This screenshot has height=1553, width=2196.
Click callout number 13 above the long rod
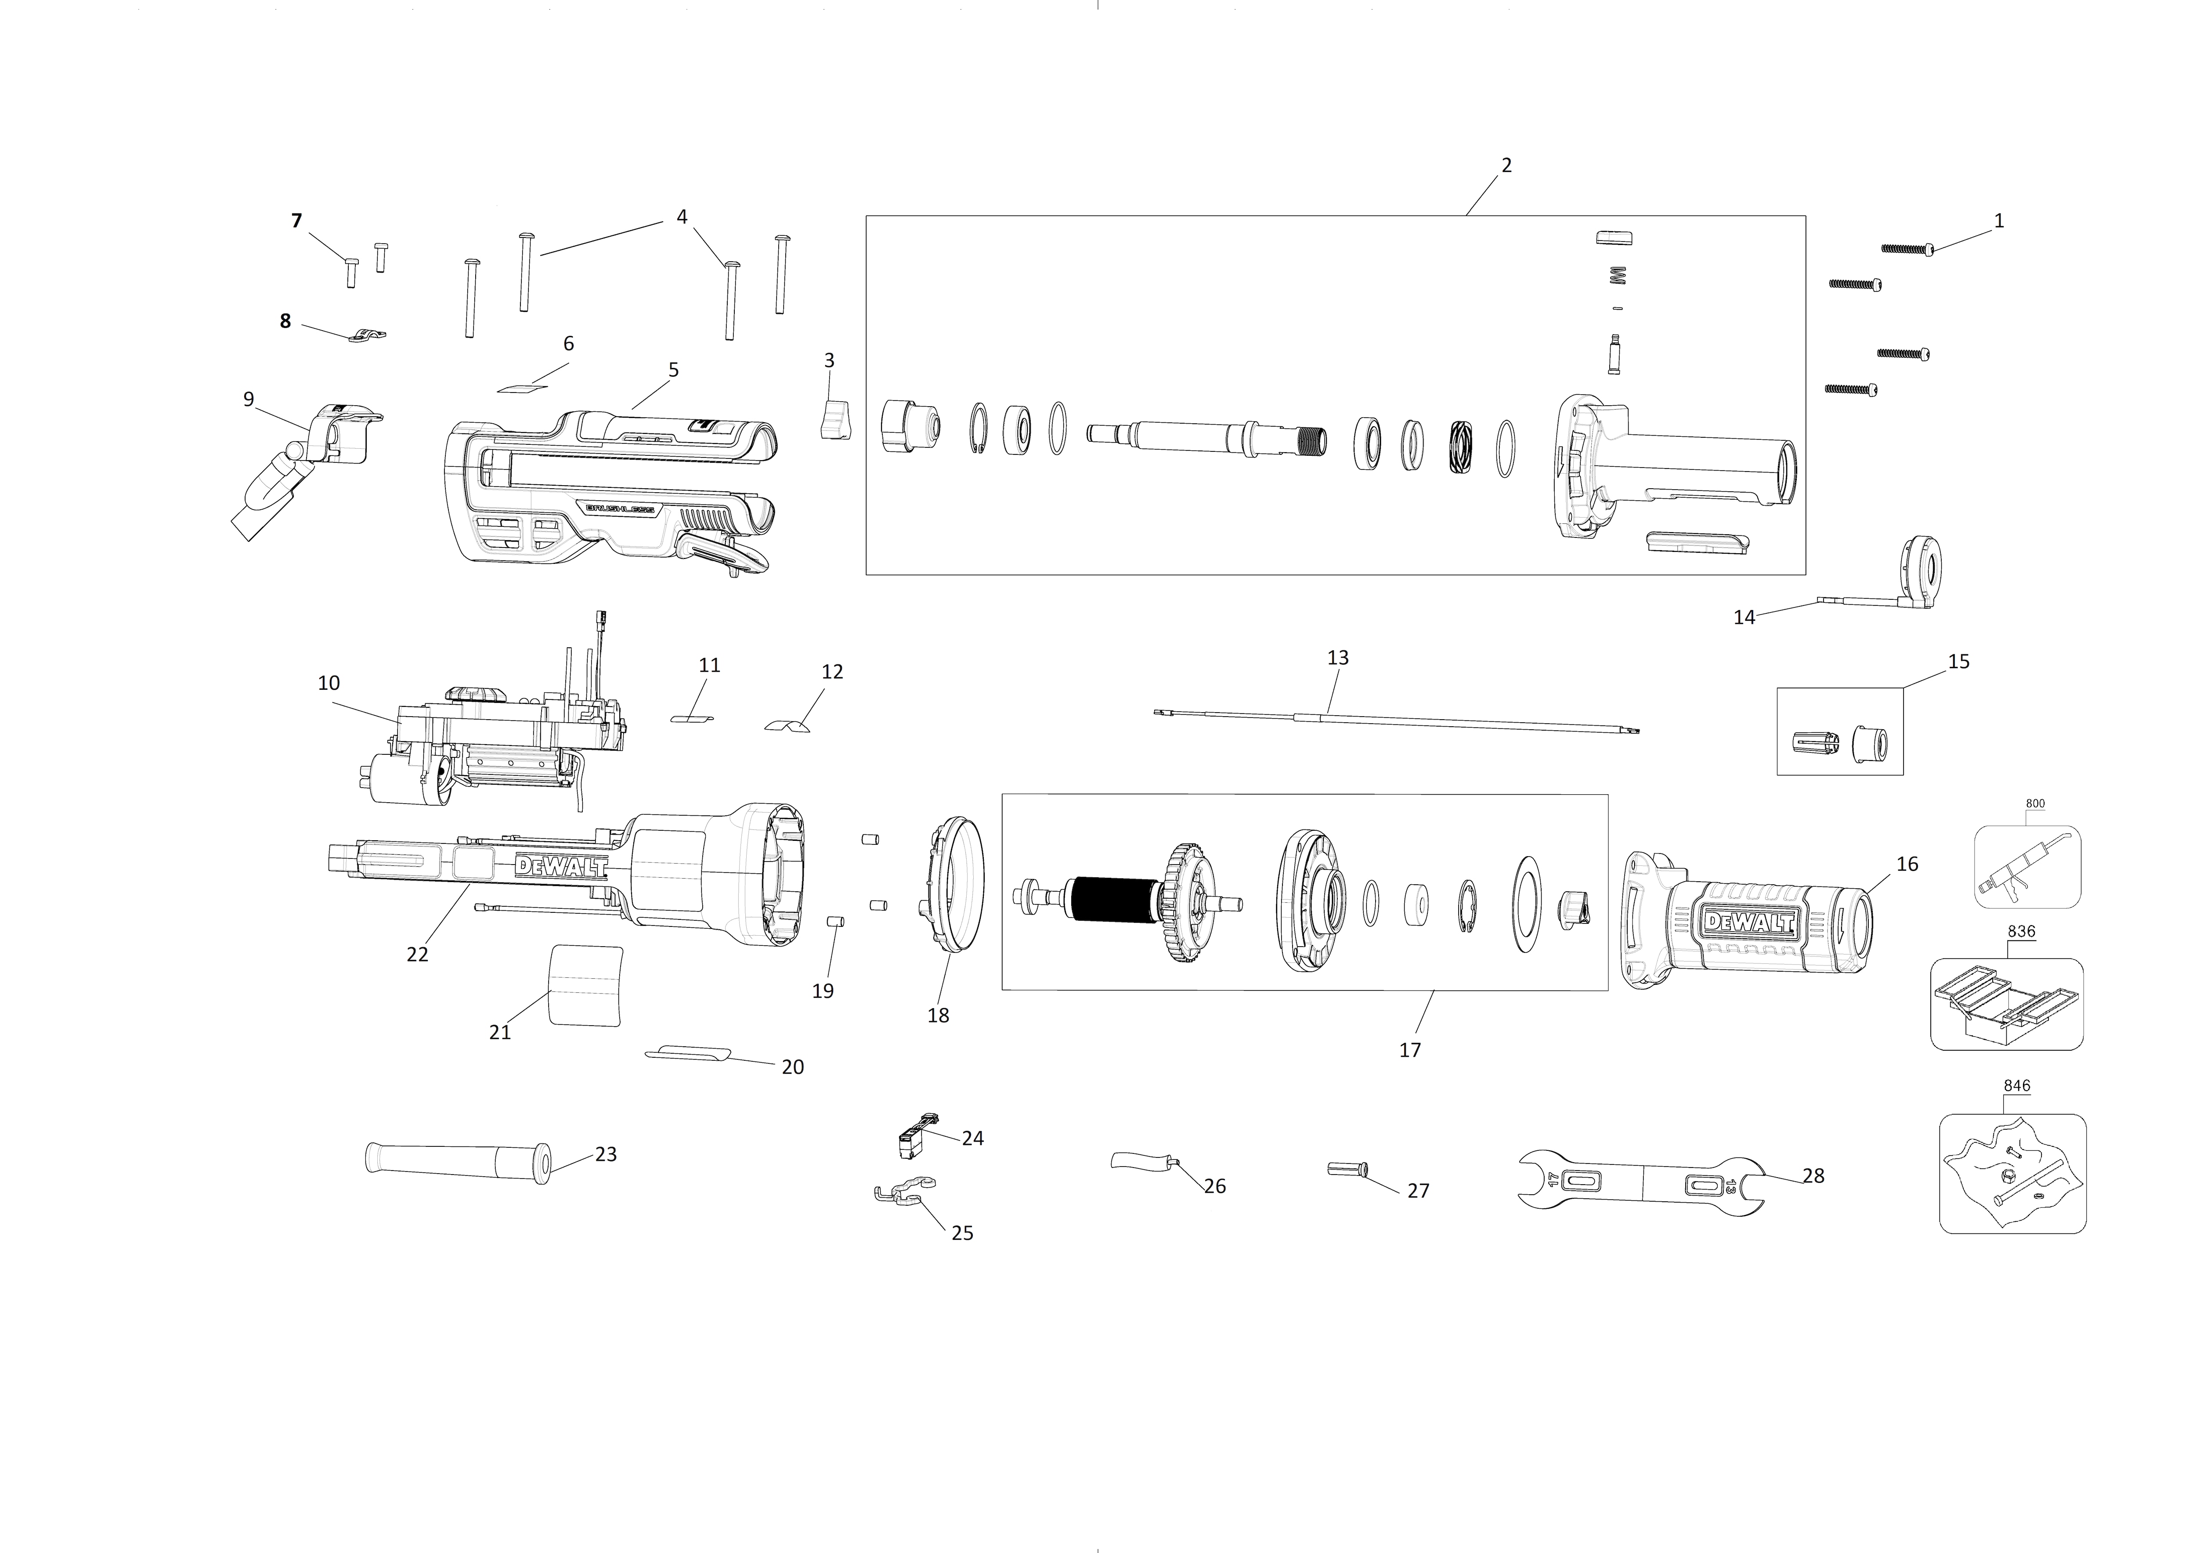(x=1338, y=658)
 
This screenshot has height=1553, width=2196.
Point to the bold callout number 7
(x=296, y=221)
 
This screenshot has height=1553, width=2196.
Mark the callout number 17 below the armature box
(x=1410, y=1050)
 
